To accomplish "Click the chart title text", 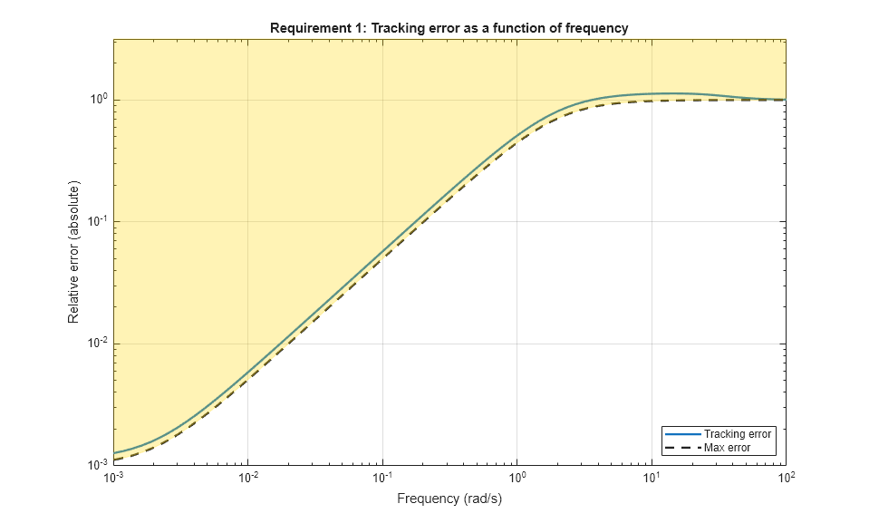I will [449, 28].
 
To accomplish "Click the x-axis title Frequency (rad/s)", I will [449, 498].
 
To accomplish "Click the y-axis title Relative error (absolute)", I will [73, 252].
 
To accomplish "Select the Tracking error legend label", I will [738, 434].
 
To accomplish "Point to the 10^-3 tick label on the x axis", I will [113, 478].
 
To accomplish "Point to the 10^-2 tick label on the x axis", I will [247, 478].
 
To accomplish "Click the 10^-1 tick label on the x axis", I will [382, 478].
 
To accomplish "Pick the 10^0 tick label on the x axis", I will [517, 478].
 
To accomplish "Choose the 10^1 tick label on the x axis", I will [652, 478].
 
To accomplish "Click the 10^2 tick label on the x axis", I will [786, 478].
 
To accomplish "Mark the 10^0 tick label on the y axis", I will [98, 99].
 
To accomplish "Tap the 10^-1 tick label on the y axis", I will [96, 221].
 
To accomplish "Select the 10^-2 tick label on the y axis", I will [96, 343].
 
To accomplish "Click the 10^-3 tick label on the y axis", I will [96, 464].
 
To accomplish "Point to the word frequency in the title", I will [598, 28].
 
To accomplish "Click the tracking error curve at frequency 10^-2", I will [247, 372].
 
